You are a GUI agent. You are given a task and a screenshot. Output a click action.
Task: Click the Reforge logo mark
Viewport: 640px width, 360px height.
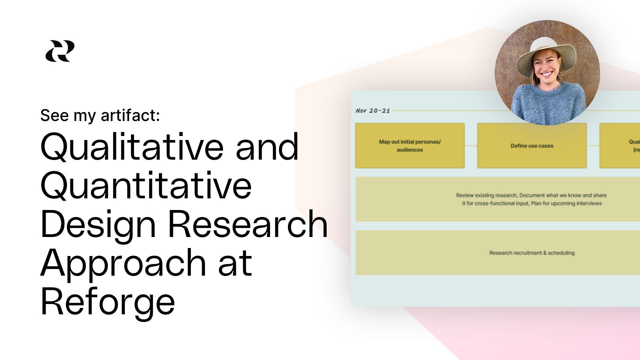[x=60, y=51]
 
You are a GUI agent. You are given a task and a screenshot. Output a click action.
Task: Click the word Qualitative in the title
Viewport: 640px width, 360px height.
[x=132, y=147]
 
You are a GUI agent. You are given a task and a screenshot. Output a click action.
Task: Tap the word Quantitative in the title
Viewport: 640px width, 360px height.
[x=146, y=185]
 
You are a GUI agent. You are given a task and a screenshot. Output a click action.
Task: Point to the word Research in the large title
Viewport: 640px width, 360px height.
[x=248, y=224]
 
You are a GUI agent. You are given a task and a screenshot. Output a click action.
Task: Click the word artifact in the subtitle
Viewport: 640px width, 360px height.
[x=130, y=115]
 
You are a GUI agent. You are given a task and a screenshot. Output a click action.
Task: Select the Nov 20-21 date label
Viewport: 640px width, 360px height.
[x=373, y=111]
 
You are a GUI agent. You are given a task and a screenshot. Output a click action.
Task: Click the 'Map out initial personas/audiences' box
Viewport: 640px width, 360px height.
[x=410, y=146]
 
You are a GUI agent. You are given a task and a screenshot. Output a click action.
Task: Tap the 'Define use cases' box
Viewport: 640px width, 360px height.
[x=532, y=146]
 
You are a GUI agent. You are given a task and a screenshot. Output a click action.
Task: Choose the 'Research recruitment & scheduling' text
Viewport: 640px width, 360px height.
[x=532, y=253]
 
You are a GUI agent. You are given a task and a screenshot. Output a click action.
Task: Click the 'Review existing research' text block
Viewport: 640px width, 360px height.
[x=531, y=199]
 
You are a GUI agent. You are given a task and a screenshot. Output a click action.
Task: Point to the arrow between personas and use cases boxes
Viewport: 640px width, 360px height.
[x=471, y=146]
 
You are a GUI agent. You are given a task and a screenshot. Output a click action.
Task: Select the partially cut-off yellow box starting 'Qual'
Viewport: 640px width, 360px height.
[x=620, y=146]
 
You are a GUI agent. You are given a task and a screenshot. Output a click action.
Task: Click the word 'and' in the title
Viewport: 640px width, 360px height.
[x=267, y=147]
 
